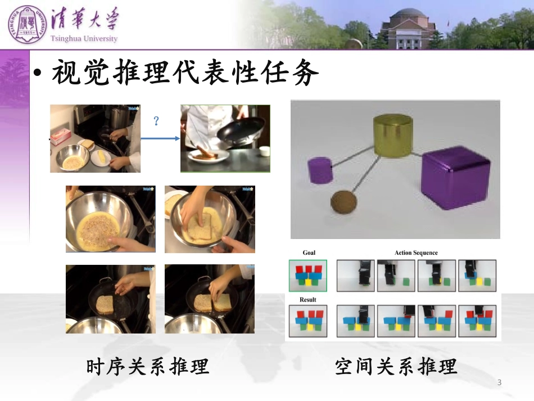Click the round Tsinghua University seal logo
click(25, 24)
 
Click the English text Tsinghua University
click(84, 39)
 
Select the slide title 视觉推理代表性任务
click(185, 73)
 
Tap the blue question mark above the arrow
click(156, 120)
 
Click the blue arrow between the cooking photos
click(160, 138)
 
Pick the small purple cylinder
click(320, 170)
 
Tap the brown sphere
click(342, 202)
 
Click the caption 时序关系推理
click(148, 367)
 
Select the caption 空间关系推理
click(396, 367)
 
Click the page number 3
click(499, 383)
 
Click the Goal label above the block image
click(309, 253)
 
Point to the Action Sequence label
click(416, 253)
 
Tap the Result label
click(307, 300)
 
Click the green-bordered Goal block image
click(308, 275)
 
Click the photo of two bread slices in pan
click(210, 299)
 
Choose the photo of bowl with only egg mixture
click(111, 219)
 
